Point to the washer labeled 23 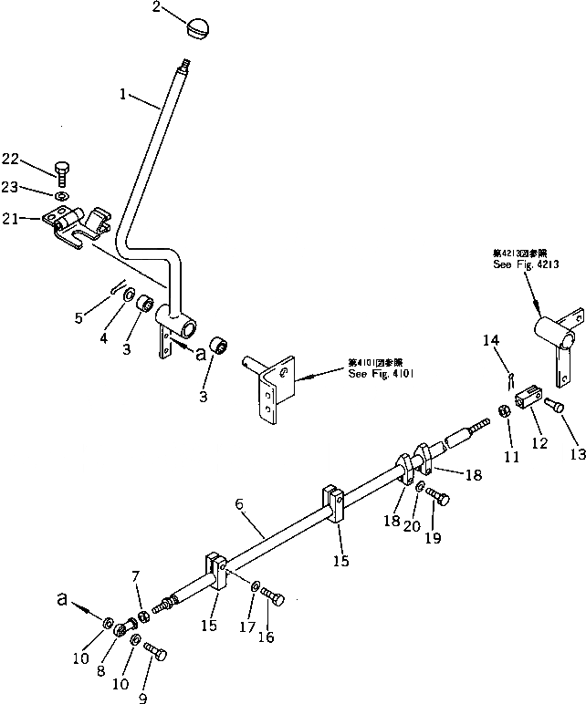coord(60,195)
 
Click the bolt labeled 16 coord(275,597)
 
